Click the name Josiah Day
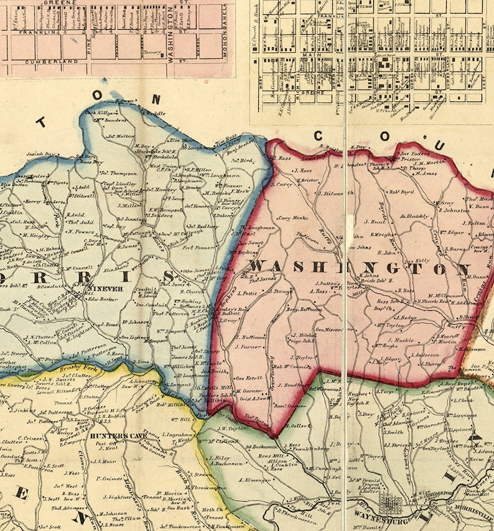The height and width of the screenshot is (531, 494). (x=41, y=154)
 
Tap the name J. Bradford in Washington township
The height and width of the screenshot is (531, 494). (x=289, y=385)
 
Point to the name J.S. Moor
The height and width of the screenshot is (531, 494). (x=105, y=461)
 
